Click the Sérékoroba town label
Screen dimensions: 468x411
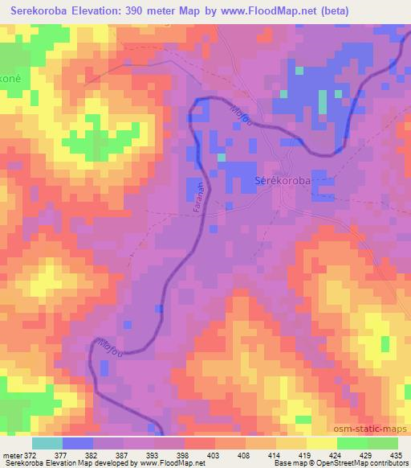(x=282, y=181)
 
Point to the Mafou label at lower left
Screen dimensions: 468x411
(x=109, y=343)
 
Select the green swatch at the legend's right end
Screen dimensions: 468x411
(x=382, y=443)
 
